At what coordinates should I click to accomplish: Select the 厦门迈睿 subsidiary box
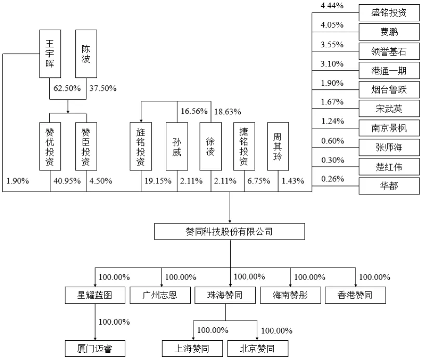pos(95,349)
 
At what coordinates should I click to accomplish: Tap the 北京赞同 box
pos(257,349)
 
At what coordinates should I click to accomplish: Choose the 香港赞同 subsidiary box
pos(355,296)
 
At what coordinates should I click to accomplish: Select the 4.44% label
pos(332,6)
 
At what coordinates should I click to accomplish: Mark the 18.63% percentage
pos(228,111)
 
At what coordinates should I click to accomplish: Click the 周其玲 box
pos(278,146)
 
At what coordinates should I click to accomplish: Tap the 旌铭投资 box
pos(140,146)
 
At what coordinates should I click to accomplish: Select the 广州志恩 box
pos(160,296)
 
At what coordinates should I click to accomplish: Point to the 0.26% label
pos(332,180)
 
